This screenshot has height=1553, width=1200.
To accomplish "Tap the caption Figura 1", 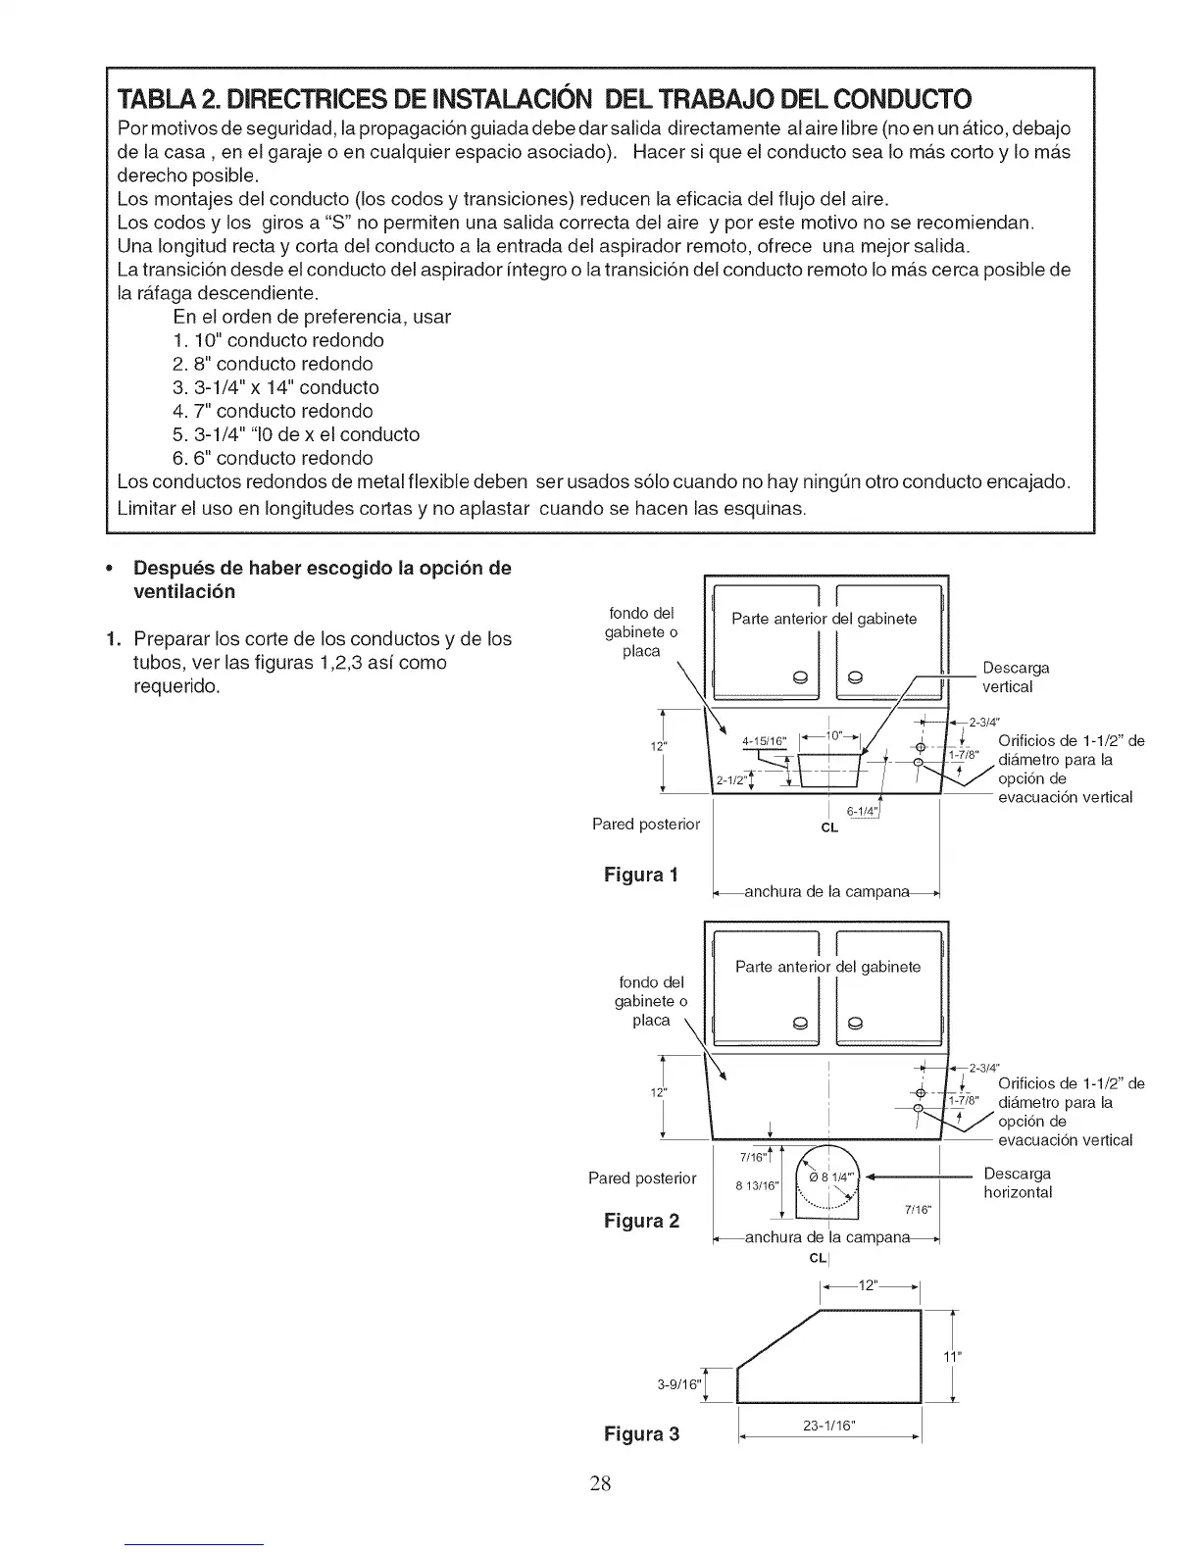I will click(x=641, y=874).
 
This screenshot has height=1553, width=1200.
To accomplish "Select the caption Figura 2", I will click(x=641, y=1221).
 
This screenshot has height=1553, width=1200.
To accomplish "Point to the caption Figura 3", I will click(x=641, y=1433).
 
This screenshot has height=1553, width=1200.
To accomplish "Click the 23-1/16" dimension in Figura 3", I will click(x=829, y=1427).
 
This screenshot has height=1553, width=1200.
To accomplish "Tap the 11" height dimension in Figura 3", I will click(x=950, y=1357).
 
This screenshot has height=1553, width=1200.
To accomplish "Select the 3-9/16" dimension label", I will click(x=679, y=1385).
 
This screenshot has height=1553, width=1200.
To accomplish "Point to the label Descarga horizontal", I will click(x=1018, y=1182).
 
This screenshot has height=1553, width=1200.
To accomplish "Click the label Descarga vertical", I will click(x=1016, y=677).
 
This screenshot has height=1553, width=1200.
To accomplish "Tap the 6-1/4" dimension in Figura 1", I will click(x=860, y=811).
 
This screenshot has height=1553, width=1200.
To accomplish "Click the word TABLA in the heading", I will click(x=156, y=98).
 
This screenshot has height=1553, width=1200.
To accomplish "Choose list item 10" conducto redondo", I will click(x=277, y=340).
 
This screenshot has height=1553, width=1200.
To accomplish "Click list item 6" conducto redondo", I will click(x=272, y=458).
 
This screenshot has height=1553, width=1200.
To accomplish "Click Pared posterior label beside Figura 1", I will click(x=646, y=824).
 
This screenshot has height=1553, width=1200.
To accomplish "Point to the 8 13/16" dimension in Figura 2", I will click(x=756, y=1184).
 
